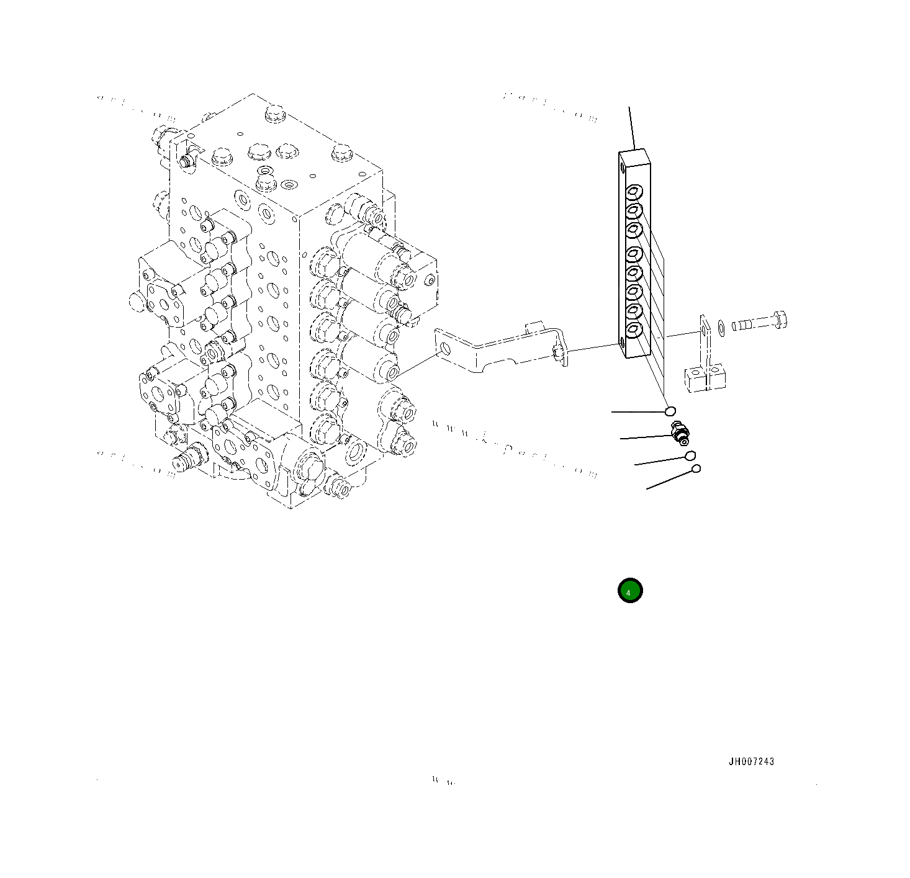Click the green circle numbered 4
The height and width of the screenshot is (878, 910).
coord(629,591)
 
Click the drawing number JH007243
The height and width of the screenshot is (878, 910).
coord(751,761)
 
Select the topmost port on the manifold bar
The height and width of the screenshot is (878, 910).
coord(634,191)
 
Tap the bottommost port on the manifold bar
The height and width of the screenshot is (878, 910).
coord(634,330)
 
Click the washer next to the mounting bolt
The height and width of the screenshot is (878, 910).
coord(721,326)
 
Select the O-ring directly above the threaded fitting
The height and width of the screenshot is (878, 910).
coord(670,411)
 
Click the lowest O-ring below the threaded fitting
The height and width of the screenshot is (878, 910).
coord(696,468)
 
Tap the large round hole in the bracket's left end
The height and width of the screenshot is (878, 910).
coord(444,350)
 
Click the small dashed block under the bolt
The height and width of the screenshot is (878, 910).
coord(705,379)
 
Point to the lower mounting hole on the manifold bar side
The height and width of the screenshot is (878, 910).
coord(622,340)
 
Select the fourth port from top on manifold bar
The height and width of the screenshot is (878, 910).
coord(634,253)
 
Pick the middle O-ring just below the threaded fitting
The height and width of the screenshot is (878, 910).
coord(690,456)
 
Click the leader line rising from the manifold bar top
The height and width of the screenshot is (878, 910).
coord(632,128)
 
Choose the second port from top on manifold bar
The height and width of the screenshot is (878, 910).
coord(634,210)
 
